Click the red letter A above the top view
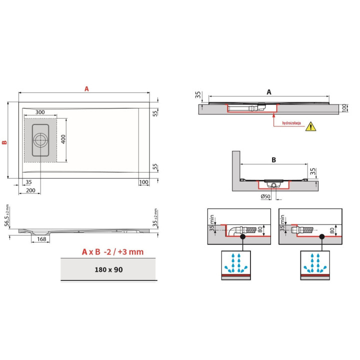(x=86, y=88)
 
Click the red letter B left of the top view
(x=4, y=141)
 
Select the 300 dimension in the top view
(x=40, y=112)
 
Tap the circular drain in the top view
(x=40, y=140)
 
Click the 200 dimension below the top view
(x=30, y=190)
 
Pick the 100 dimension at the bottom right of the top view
(x=144, y=182)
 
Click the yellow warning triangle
(x=310, y=126)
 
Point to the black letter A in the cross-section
(x=268, y=92)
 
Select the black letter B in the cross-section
(x=273, y=160)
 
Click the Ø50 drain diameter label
(x=265, y=196)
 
